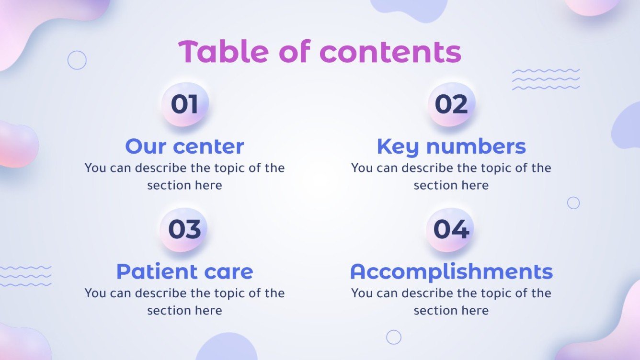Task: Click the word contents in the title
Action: click(390, 52)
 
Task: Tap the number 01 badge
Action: click(184, 104)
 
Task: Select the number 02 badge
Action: click(451, 104)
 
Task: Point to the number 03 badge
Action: click(184, 230)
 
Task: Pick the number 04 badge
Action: click(451, 230)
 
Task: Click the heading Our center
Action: click(184, 146)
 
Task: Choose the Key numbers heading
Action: click(451, 146)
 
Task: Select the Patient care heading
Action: click(184, 271)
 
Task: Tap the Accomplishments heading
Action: click(451, 271)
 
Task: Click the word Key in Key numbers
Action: click(398, 146)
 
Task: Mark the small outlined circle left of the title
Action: click(77, 60)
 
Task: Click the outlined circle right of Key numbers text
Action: click(573, 203)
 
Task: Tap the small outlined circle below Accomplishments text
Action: click(394, 337)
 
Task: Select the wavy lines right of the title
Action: click(546, 79)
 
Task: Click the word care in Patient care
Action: click(229, 271)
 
